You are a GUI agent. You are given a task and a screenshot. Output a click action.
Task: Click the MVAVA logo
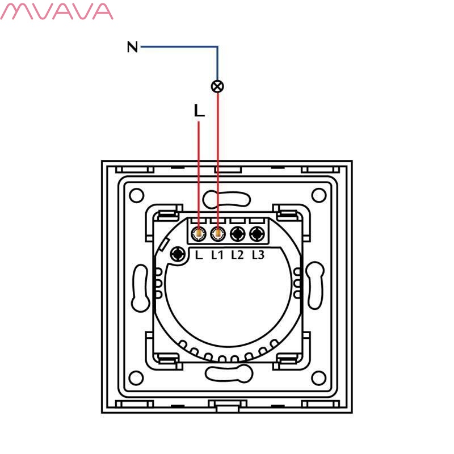point(57,11)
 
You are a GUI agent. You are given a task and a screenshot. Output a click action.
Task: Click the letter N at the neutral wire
point(132,47)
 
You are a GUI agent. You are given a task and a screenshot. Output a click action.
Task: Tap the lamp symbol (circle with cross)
point(217,86)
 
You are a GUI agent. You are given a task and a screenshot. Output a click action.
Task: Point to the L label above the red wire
point(199,112)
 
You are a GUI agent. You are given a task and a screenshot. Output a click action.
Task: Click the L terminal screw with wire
point(199,233)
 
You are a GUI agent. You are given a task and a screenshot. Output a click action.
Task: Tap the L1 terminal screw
point(218,233)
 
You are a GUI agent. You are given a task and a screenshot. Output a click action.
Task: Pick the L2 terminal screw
point(238,233)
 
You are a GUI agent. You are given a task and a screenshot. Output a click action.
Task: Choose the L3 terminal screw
point(258,233)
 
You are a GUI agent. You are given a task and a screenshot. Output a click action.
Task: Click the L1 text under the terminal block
point(217,255)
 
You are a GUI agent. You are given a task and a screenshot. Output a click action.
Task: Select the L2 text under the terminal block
point(237,255)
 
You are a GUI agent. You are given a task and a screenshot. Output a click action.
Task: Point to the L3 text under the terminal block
point(258,255)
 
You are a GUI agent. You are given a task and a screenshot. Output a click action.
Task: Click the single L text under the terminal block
point(199,255)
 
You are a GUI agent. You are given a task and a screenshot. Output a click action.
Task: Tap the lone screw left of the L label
point(178,254)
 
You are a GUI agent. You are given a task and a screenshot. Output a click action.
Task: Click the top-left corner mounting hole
point(136,196)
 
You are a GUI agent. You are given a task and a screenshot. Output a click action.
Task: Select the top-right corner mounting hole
point(320,196)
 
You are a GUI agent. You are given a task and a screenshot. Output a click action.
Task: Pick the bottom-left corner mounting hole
point(136,377)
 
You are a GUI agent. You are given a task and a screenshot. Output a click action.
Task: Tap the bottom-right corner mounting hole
point(320,377)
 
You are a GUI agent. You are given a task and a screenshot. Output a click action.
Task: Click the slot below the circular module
point(228,373)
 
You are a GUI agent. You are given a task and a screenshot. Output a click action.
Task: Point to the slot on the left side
point(138,287)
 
